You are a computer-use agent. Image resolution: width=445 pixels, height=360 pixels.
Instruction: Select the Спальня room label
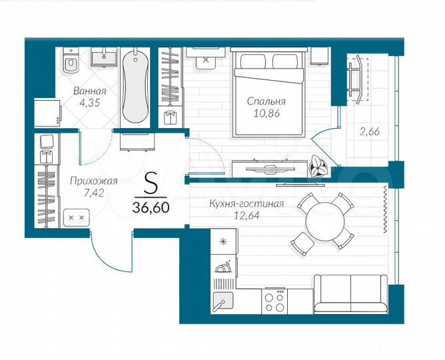266,102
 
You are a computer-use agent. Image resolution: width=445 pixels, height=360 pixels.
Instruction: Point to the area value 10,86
266,114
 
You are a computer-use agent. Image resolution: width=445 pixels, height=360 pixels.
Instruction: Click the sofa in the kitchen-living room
350,293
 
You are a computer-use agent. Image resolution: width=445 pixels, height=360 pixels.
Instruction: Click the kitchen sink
222,301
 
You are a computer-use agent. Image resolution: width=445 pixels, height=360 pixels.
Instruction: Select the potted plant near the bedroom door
318,166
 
